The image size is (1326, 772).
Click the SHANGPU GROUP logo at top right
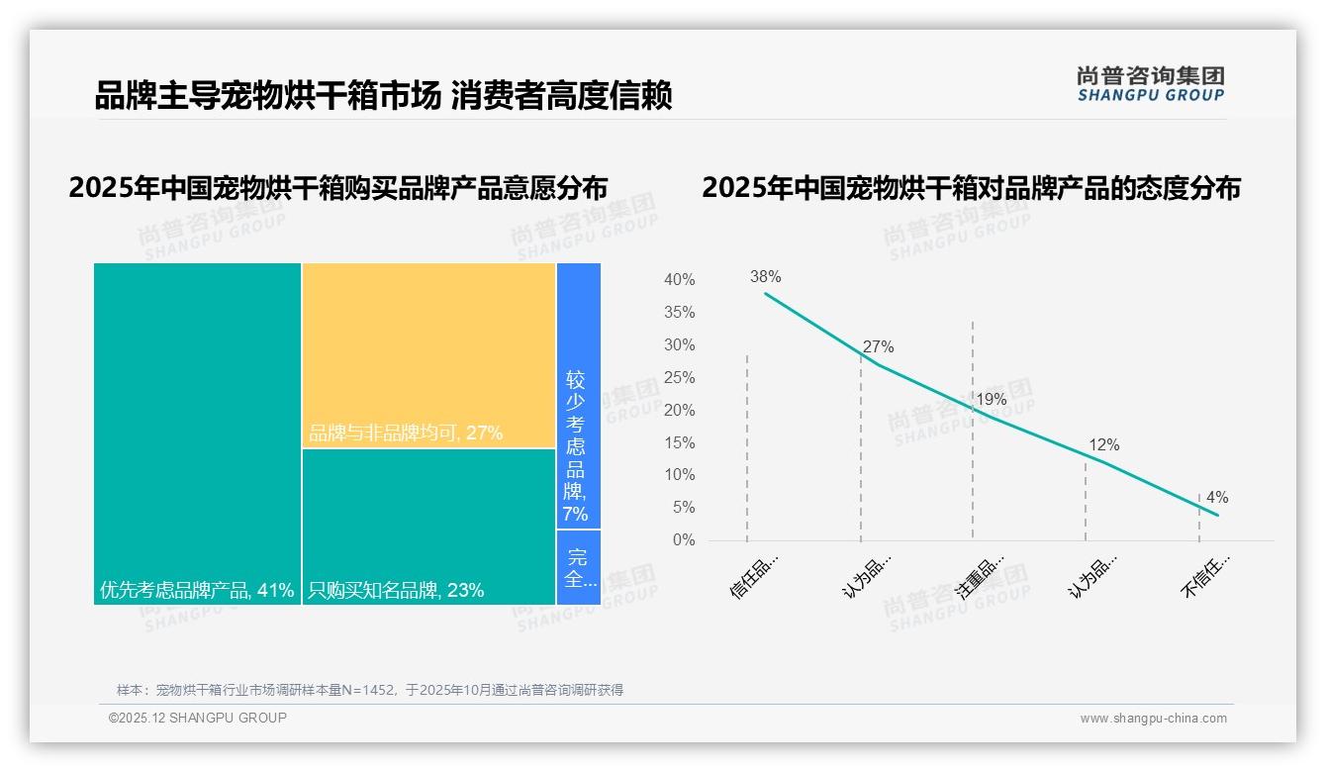[1150, 84]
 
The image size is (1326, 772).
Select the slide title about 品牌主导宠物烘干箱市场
[383, 96]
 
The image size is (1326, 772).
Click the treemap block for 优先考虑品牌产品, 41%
[197, 433]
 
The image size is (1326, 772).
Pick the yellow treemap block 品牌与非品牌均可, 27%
[428, 355]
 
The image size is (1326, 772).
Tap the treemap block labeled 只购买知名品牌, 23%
[428, 527]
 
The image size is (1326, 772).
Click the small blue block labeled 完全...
[578, 567]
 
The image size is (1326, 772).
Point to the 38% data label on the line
[765, 277]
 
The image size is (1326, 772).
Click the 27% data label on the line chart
[878, 347]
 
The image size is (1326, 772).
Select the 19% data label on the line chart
[991, 400]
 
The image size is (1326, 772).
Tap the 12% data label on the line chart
[1103, 445]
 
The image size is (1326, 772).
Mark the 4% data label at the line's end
[1216, 498]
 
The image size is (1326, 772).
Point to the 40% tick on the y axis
[679, 280]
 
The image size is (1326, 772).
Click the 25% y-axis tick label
[679, 378]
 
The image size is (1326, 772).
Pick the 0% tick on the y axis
[684, 540]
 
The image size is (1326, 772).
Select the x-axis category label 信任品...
[755, 576]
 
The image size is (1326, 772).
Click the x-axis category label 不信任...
[1206, 576]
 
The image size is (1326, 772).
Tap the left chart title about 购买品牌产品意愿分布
[338, 188]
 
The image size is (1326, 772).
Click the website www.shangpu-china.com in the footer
[1153, 719]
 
